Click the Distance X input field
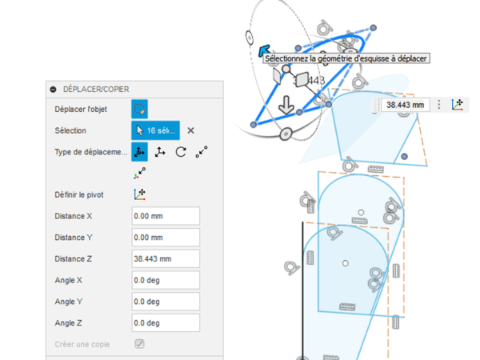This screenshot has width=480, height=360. [166, 216]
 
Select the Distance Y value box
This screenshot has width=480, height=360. [166, 238]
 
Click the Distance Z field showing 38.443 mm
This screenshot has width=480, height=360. [166, 259]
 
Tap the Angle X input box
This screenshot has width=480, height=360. [166, 281]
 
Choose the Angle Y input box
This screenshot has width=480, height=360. [166, 302]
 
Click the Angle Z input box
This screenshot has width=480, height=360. [166, 323]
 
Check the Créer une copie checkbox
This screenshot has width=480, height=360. [139, 344]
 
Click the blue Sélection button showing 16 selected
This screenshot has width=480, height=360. [155, 130]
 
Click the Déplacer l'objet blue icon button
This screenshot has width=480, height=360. [139, 110]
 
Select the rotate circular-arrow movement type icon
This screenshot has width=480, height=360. [181, 152]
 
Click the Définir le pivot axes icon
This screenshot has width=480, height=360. [139, 194]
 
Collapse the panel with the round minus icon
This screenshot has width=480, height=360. [54, 90]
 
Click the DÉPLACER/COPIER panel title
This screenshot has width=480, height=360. [96, 90]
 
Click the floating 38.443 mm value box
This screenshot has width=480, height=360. [406, 105]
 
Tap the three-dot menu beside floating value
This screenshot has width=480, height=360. [439, 105]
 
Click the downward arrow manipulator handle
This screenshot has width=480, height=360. [286, 105]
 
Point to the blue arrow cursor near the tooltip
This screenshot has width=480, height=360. [264, 50]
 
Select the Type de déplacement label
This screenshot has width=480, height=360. [91, 152]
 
